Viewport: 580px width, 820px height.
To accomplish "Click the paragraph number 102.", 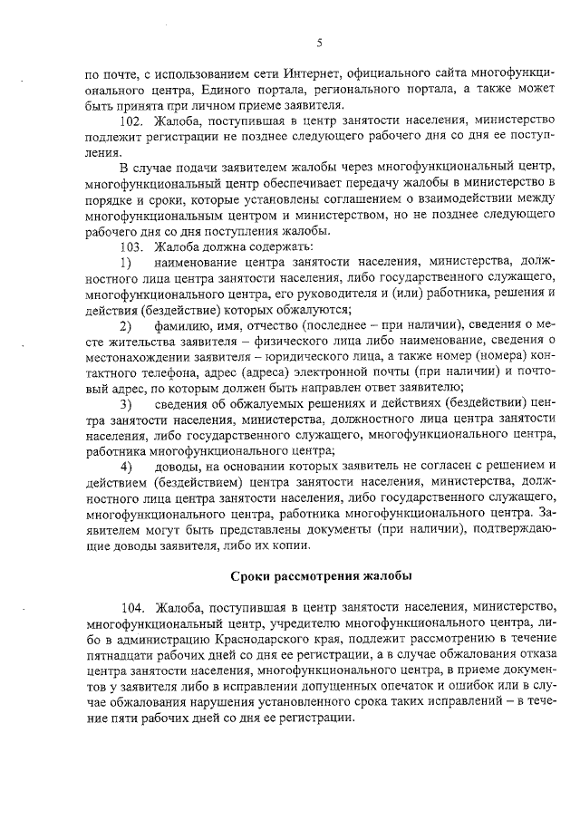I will pyautogui.click(x=132, y=120).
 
